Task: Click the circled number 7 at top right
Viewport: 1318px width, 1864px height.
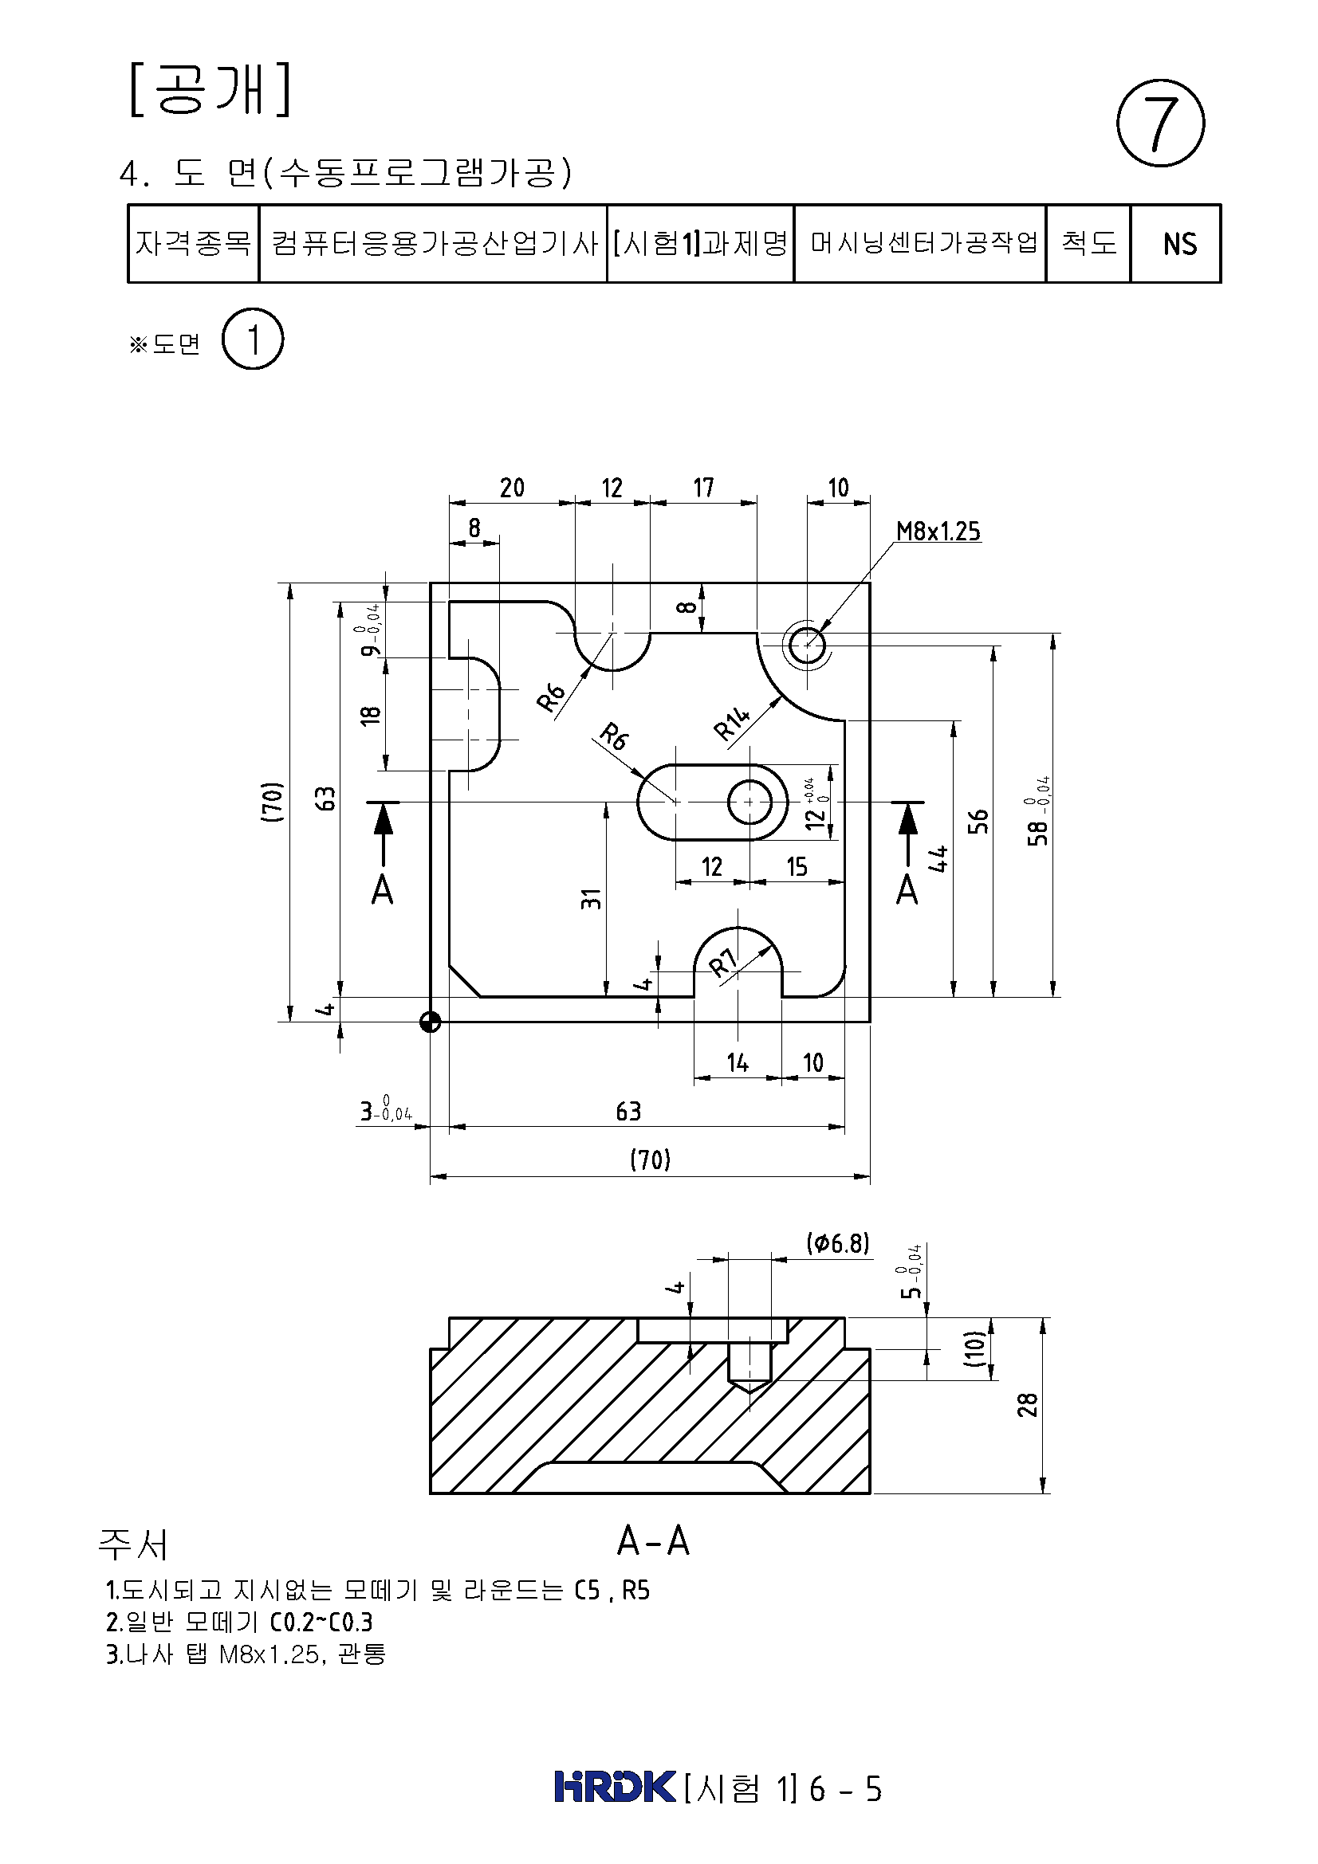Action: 1160,124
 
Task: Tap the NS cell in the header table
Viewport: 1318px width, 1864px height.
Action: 1179,244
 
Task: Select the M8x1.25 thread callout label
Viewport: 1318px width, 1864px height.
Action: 938,531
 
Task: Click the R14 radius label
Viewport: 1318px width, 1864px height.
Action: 732,724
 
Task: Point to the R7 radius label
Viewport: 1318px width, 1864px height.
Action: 722,963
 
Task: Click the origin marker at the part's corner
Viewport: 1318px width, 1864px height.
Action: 431,1022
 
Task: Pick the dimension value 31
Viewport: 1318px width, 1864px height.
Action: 592,898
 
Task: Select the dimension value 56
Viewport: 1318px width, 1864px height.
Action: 979,821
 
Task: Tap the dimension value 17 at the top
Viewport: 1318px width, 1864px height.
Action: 703,488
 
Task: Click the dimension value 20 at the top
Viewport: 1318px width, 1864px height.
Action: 512,488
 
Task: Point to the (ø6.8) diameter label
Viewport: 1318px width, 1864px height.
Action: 837,1243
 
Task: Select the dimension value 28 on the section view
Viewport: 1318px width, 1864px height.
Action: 1027,1404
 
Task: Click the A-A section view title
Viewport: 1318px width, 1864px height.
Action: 653,1541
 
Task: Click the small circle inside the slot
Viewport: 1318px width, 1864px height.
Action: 749,803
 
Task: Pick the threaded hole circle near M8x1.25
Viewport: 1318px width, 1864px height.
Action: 807,647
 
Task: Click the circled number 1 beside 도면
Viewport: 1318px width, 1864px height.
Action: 253,339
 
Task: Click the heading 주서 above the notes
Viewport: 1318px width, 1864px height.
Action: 133,1544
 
